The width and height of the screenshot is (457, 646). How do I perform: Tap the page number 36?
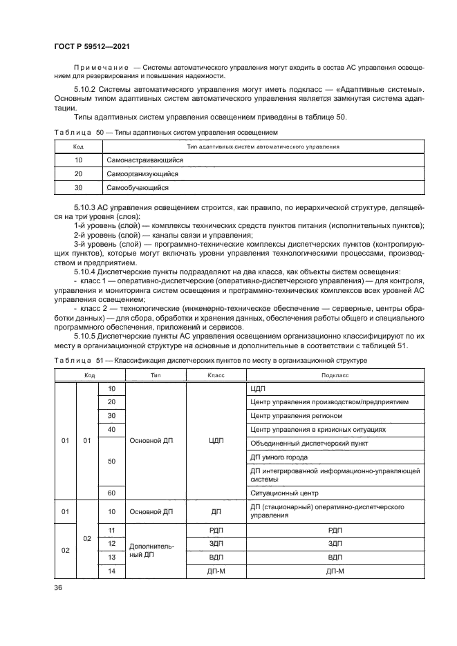[x=58, y=587]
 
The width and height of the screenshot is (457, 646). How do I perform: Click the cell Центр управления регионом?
[x=295, y=415]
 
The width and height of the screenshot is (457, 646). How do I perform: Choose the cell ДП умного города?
[x=279, y=457]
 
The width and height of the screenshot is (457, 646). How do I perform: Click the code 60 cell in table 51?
[x=112, y=493]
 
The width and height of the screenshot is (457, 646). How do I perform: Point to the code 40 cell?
[x=112, y=429]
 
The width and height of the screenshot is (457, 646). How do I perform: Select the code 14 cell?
[x=112, y=571]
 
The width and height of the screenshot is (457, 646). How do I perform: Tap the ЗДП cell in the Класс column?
[x=216, y=543]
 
